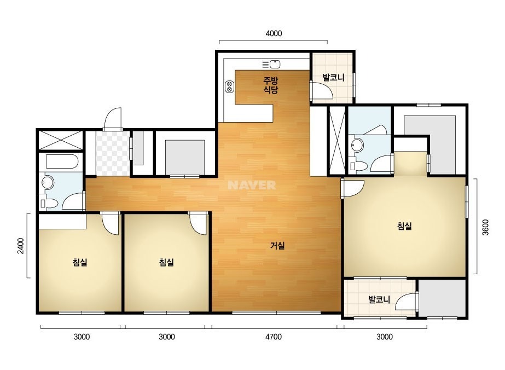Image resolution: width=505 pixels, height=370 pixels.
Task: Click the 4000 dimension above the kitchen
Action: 274,33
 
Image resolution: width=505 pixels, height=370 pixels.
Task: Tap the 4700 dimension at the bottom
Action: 274,337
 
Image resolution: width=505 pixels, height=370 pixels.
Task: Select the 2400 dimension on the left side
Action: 21,246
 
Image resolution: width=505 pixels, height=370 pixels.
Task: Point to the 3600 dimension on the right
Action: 485,227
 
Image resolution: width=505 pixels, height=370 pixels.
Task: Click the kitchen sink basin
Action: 275,65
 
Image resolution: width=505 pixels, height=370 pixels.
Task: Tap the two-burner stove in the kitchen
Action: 229,86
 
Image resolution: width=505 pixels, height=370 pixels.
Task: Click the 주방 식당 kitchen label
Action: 270,85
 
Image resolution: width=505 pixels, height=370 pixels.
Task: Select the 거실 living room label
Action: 277,246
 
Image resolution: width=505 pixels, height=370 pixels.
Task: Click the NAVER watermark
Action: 252,185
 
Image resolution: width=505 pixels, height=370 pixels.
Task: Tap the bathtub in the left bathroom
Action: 62,161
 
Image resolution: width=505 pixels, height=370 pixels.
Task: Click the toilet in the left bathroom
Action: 49,204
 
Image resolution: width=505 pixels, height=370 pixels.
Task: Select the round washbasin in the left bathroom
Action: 48,183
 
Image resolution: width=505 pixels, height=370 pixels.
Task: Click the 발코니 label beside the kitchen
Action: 333,77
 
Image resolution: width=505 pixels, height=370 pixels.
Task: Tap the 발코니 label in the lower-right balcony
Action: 379,299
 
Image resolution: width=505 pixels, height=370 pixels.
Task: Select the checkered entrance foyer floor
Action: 113,153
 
